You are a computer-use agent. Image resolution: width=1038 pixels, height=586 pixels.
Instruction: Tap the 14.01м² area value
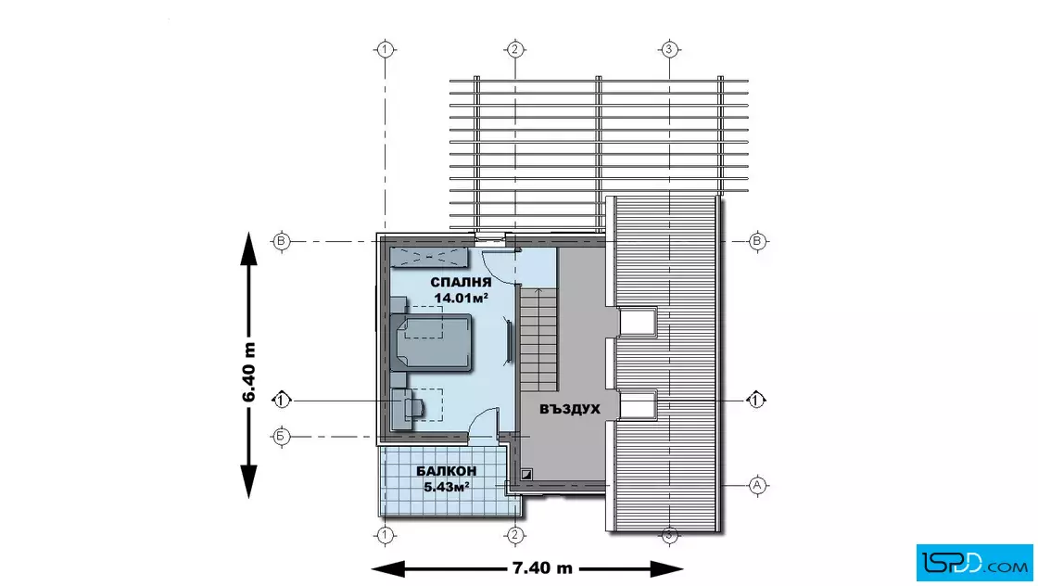tap(461, 298)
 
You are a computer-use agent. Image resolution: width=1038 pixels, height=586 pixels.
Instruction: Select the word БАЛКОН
tap(446, 471)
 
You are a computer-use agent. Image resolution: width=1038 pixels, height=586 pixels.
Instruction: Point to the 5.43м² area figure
tap(446, 488)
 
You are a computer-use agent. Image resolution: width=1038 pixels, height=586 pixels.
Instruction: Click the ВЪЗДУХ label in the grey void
tap(570, 409)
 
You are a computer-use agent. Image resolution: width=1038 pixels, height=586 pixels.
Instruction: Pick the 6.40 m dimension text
tap(248, 372)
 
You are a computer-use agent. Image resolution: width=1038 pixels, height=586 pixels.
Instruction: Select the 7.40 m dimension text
tap(542, 568)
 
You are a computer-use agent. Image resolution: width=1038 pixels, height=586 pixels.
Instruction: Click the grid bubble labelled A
tap(757, 485)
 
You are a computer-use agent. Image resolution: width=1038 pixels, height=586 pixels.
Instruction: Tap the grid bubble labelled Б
tap(282, 437)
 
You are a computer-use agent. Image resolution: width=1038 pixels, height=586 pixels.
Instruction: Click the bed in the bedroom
tap(432, 341)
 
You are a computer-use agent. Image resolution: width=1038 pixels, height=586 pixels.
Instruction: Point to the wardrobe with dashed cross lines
tap(429, 257)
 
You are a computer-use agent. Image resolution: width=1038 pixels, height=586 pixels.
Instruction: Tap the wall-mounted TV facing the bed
tap(510, 340)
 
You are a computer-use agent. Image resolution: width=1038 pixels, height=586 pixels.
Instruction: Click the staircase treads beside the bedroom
tap(538, 339)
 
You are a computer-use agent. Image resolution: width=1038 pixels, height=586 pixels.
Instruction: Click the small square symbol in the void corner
tap(526, 474)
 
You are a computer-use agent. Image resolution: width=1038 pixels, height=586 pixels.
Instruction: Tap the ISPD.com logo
tap(974, 563)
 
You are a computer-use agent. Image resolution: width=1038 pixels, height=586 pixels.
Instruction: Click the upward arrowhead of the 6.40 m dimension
tap(248, 248)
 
